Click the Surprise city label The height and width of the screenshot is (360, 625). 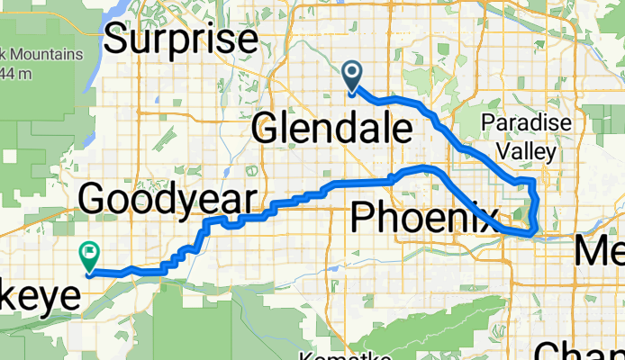182,40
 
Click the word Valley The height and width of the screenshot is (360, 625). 523,153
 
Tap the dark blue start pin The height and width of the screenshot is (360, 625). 351,77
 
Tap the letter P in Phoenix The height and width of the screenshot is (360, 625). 362,217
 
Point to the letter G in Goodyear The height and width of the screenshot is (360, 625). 95,198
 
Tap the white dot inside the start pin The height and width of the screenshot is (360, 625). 351,73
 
